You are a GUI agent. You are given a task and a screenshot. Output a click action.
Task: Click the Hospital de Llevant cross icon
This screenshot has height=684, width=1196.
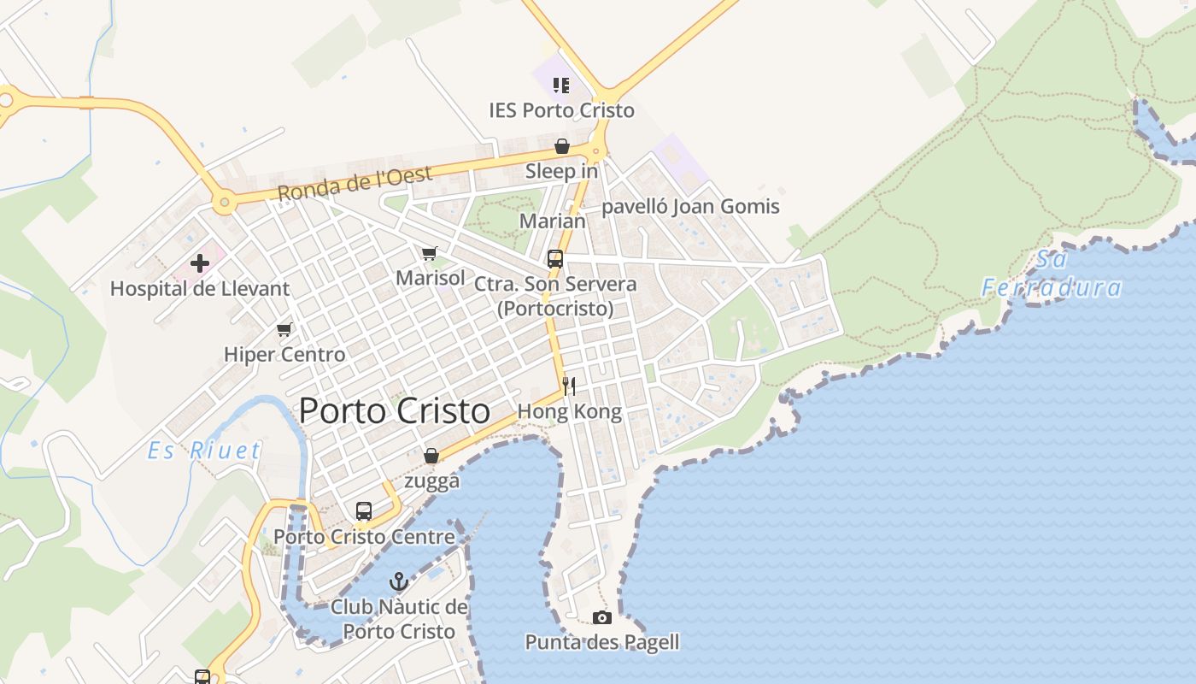point(200,263)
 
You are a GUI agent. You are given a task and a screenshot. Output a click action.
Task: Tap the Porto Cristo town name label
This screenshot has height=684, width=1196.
point(395,411)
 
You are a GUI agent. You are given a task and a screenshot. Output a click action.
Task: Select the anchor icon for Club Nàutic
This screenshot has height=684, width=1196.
point(399,582)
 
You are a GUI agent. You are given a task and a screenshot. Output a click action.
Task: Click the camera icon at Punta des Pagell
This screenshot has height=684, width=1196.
point(602,617)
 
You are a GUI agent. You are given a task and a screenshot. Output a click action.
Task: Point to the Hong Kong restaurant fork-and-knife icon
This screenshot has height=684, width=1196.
point(569,386)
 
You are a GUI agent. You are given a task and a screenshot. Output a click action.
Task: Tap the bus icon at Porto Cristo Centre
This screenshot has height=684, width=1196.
point(364,511)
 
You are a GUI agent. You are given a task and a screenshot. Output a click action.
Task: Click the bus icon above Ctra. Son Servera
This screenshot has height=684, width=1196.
point(555,258)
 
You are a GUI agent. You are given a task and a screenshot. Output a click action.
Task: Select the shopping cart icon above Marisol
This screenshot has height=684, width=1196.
point(430,253)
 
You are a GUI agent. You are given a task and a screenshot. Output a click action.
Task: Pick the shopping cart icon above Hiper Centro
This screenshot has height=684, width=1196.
point(284,329)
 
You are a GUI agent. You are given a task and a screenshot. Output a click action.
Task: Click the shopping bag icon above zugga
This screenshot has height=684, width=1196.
point(431,456)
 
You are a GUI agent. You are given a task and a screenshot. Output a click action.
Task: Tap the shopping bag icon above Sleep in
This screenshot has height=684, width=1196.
point(562,146)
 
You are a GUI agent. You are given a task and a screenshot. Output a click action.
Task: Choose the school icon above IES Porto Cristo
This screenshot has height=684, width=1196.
point(561,85)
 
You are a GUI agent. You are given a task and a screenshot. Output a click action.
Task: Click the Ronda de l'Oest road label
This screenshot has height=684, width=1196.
point(355,182)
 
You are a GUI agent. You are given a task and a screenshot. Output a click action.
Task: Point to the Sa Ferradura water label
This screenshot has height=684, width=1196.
point(1052,274)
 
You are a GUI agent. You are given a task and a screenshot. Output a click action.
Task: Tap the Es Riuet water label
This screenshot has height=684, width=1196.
point(203,451)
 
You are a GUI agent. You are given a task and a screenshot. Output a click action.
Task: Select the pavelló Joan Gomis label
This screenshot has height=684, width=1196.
point(690,206)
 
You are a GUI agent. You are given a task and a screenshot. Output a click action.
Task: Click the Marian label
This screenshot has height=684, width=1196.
point(553,221)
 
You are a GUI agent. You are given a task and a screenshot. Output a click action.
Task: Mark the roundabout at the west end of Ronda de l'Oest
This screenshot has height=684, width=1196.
point(225,203)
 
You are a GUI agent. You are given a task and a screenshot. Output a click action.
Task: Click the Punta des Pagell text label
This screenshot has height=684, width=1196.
point(602,642)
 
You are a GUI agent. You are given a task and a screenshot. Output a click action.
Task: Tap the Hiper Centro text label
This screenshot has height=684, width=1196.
point(284,354)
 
